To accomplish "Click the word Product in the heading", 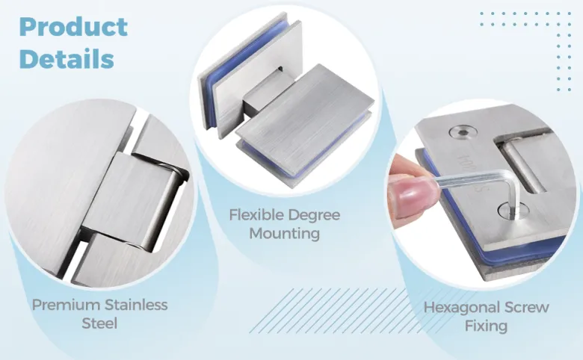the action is pos(73,27).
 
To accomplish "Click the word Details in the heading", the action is pos(67,59).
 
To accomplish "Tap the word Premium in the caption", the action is pos(66,305).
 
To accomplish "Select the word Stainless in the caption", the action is pos(136,305).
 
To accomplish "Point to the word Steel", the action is pos(99,323).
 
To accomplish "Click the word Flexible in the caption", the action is pos(256,215).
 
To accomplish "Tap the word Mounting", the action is pos(285,234).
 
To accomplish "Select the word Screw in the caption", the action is pos(526,307).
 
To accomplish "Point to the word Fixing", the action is pos(487,326).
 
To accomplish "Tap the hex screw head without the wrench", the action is pos(462,132).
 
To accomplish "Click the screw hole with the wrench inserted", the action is pos(513,211).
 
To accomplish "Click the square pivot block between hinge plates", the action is pos(262,92).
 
